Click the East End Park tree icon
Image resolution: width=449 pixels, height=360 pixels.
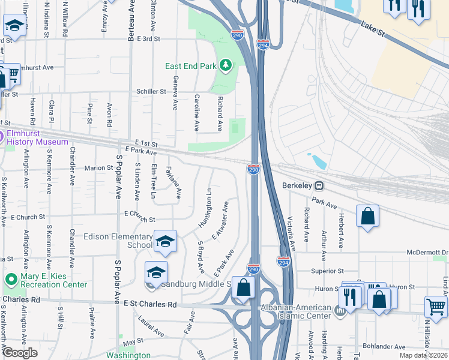tap(226, 65)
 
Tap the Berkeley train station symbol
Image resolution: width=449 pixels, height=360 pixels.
tap(321, 186)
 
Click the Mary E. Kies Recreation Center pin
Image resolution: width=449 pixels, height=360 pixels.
tap(10, 280)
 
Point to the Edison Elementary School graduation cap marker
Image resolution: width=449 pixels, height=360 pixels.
tap(165, 241)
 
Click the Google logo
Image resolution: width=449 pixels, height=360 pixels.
tap(19, 353)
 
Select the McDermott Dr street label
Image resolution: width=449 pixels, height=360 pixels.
tap(427, 253)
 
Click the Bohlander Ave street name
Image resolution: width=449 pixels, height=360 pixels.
tap(384, 347)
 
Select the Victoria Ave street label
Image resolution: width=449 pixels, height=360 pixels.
tap(291, 233)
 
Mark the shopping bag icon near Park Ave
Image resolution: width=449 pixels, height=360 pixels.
tap(367, 217)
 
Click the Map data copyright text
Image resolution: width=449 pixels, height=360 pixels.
tap(424, 355)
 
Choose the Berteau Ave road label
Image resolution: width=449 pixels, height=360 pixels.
tap(131, 21)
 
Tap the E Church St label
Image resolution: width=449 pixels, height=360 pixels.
tap(139, 220)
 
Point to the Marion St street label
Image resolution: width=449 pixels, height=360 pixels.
tap(98, 168)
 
